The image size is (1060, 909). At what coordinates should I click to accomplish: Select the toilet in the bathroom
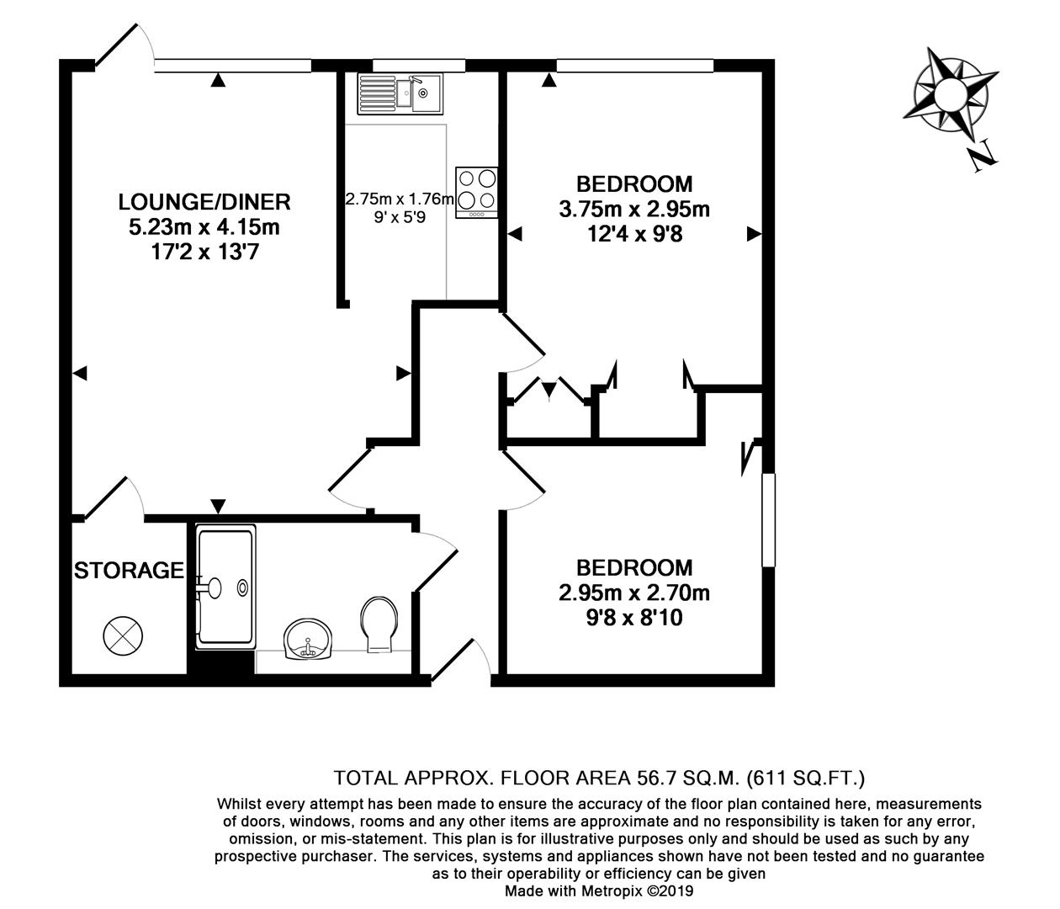380,624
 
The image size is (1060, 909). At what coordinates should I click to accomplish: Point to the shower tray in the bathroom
225,587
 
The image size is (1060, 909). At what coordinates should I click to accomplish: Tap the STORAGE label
129,571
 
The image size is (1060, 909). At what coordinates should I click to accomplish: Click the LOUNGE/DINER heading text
204,202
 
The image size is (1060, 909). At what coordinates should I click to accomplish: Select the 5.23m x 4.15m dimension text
204,226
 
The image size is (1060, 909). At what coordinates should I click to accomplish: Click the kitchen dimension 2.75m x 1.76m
400,200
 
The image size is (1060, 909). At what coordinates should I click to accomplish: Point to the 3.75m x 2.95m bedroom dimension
634,209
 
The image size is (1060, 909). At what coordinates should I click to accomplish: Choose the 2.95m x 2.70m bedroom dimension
634,593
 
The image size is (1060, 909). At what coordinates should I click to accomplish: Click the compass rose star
949,91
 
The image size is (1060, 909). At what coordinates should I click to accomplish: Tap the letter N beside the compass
983,157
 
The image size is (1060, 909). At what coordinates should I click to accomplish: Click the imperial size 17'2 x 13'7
204,251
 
